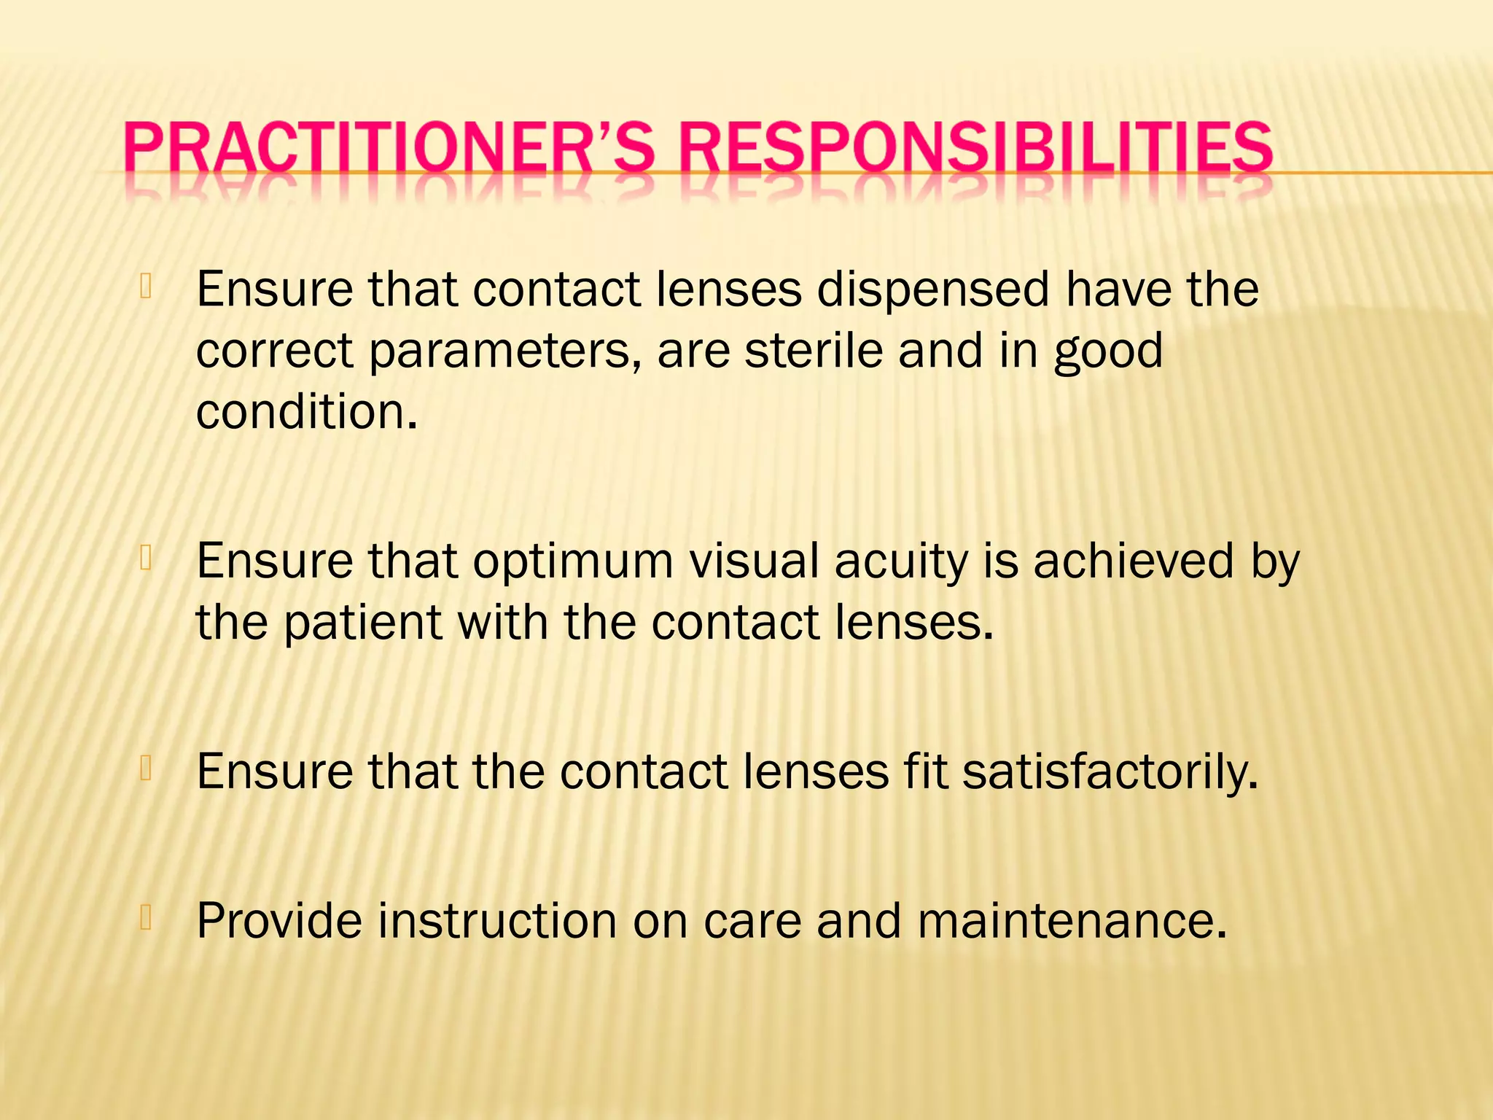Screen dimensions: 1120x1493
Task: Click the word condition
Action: pos(306,412)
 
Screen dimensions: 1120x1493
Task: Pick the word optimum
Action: pos(573,562)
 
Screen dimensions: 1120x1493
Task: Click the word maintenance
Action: pos(1072,920)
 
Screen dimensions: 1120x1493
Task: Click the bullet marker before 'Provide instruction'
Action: pos(146,918)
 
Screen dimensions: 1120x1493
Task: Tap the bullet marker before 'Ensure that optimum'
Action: pos(146,559)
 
